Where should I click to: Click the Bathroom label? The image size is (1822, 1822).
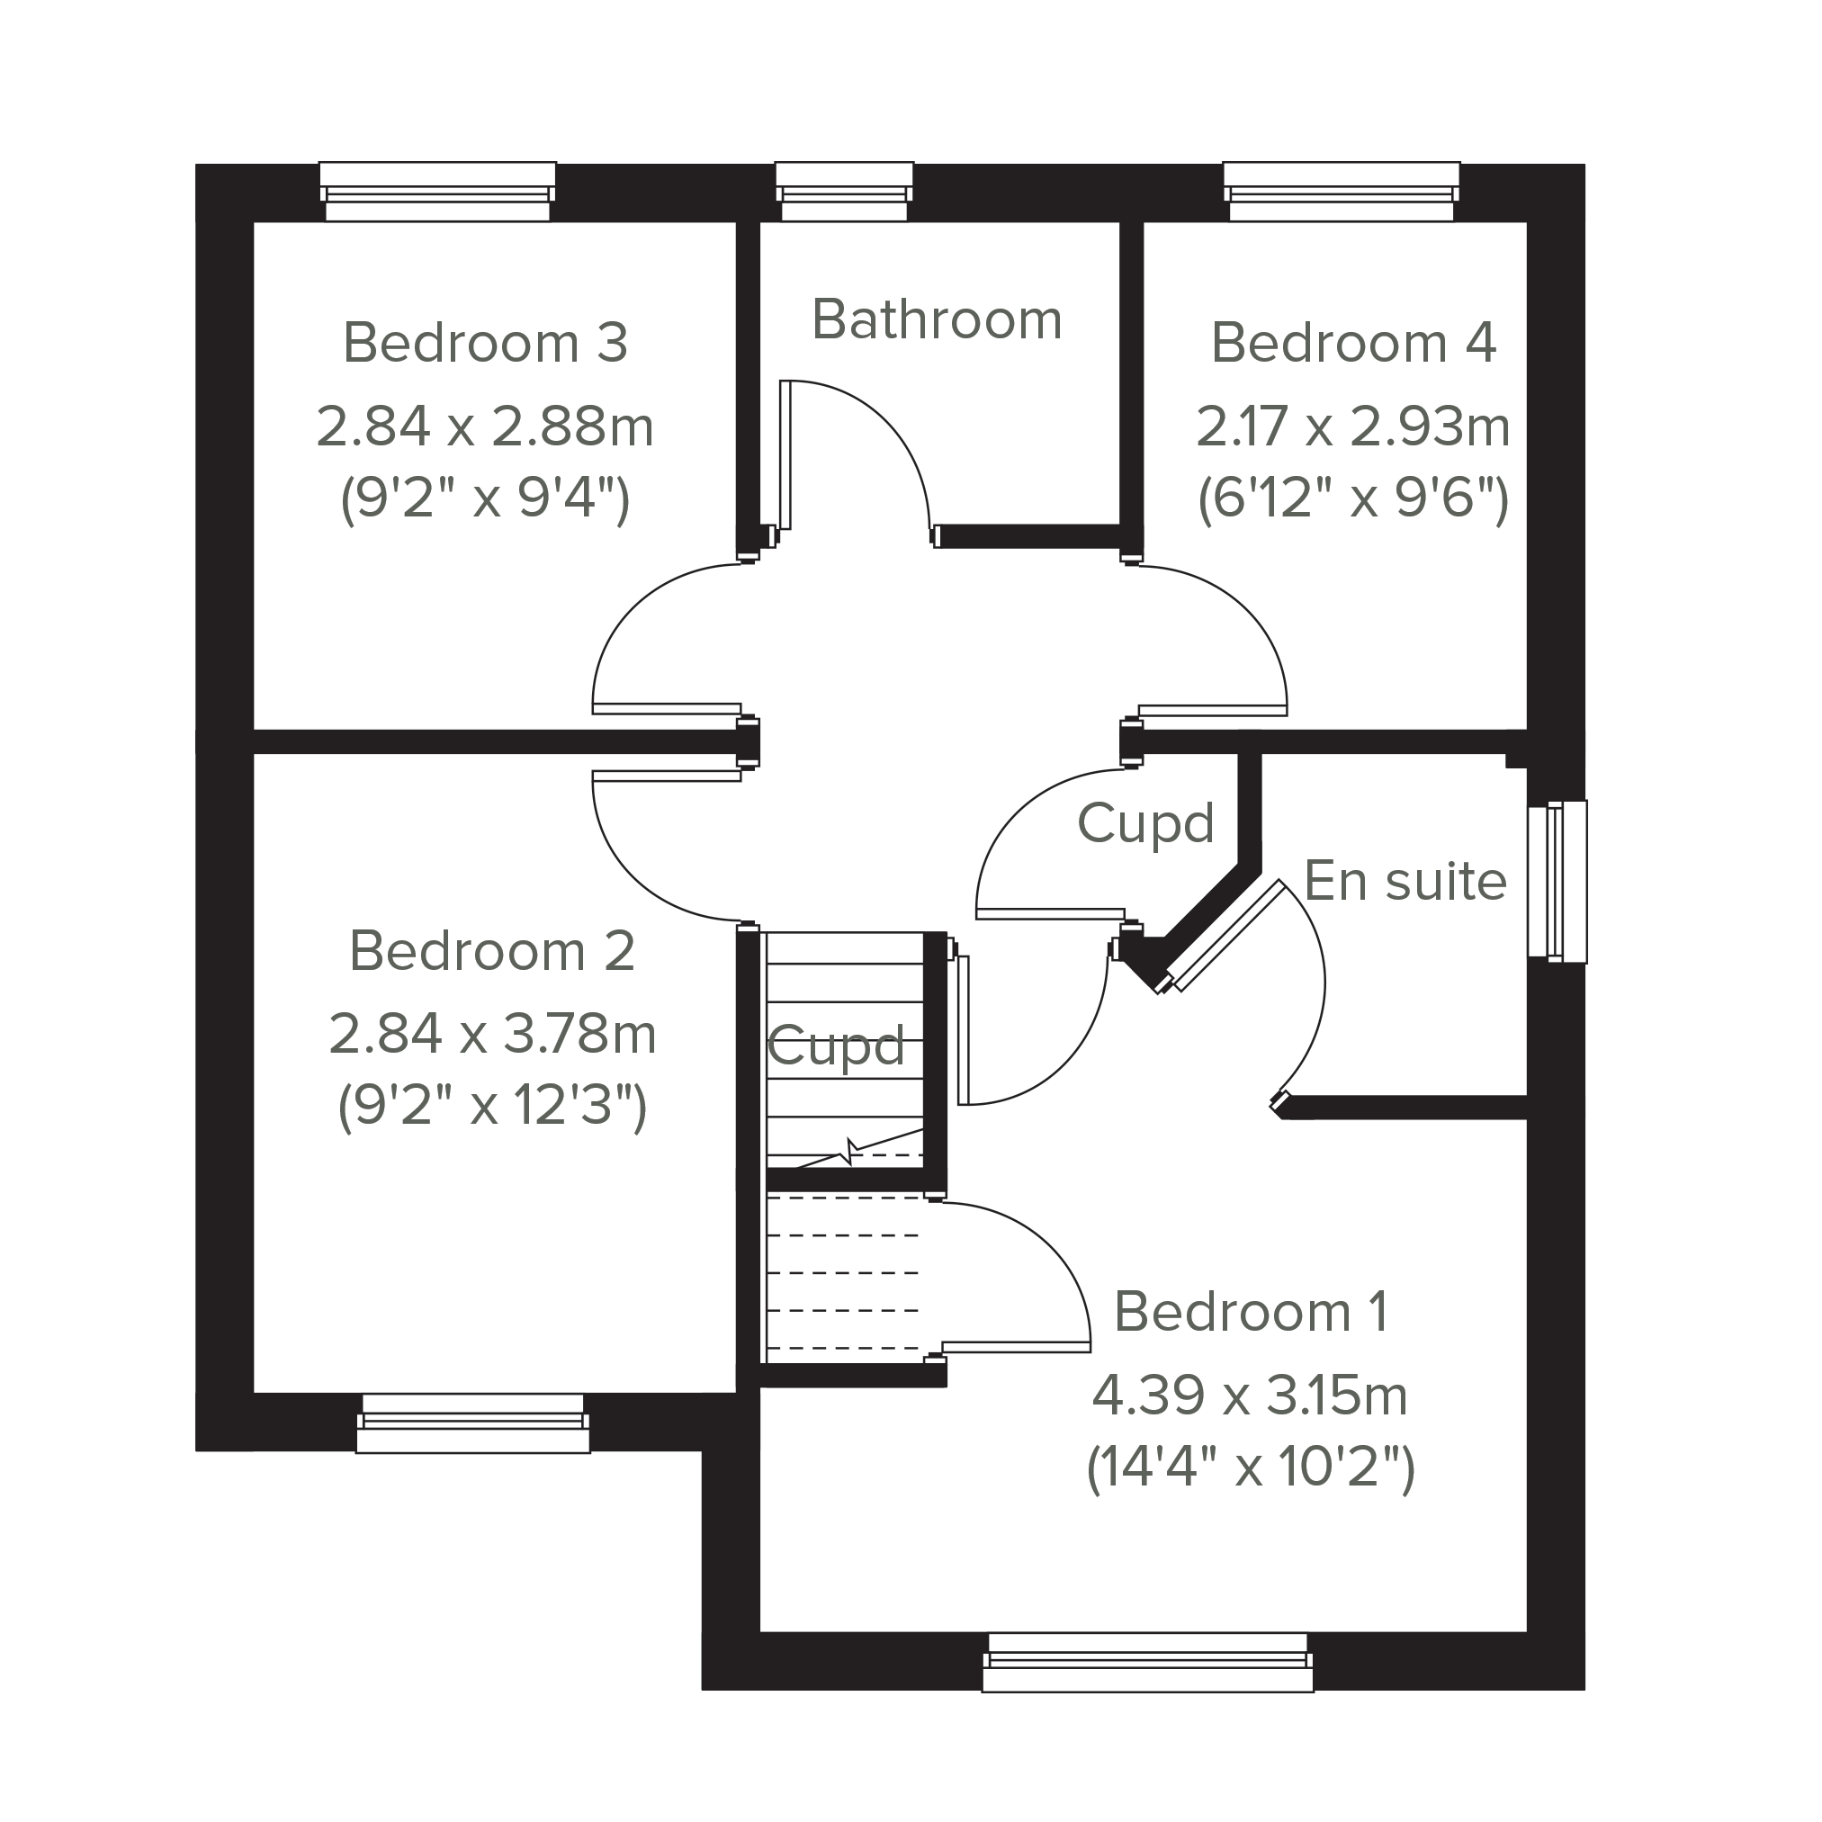coord(937,319)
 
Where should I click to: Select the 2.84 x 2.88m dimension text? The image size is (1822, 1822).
coord(485,426)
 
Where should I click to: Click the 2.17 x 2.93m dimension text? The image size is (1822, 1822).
coord(1353,426)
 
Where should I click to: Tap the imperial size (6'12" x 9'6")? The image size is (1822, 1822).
coord(1353,498)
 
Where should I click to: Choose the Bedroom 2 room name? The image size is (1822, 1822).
coord(491,951)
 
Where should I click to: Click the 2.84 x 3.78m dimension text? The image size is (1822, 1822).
coord(492,1034)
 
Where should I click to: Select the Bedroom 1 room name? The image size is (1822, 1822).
coord(1251,1312)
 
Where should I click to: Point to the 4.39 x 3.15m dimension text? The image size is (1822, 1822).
coord(1250,1396)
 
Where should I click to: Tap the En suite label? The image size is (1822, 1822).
coord(1405,882)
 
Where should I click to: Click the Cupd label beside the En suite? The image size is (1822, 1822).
coord(1144,824)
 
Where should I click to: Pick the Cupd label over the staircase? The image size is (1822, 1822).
coord(836,1046)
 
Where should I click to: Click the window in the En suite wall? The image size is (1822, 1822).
coord(1558,882)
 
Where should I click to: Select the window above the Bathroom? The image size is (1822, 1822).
coord(844,192)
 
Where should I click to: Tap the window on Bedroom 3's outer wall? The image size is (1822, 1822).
coord(437,192)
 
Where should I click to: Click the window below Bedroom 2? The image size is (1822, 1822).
coord(472,1423)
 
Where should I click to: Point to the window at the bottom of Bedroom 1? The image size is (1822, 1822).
coord(1148,1663)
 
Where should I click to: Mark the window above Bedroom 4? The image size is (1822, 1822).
coord(1341,192)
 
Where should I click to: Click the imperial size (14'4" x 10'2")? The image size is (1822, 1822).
coord(1251,1467)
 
